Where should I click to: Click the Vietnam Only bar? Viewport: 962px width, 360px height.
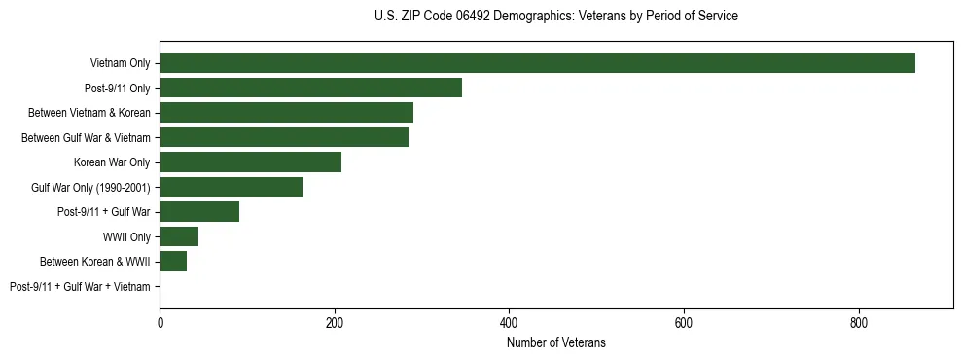tap(537, 63)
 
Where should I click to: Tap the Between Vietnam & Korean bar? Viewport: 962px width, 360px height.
tap(286, 113)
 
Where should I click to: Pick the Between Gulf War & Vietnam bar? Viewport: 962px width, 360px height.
tap(284, 137)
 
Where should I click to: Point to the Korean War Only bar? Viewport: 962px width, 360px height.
tap(250, 162)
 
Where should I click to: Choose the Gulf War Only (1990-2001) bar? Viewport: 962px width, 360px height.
tap(231, 187)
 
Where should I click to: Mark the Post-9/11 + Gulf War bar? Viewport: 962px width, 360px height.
tap(199, 212)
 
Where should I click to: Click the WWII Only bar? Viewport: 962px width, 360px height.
tap(179, 236)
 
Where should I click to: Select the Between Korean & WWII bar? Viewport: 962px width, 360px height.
tap(173, 262)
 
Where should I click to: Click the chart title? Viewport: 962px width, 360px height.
tap(555, 16)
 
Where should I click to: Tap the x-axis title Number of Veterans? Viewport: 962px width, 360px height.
tap(555, 342)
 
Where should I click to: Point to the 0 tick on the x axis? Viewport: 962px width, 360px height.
tap(160, 321)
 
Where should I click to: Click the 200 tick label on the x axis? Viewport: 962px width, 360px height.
tap(335, 321)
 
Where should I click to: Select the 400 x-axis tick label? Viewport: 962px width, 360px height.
tap(509, 321)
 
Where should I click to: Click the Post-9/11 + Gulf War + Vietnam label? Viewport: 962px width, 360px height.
tap(80, 286)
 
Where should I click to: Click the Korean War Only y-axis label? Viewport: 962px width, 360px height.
tap(112, 162)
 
